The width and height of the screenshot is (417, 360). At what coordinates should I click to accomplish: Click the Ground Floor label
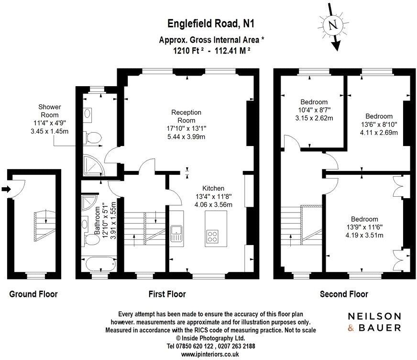click(x=33, y=294)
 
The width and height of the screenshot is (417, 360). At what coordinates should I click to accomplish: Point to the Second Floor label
click(x=344, y=294)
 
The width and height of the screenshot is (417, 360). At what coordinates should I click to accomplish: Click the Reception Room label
click(x=187, y=116)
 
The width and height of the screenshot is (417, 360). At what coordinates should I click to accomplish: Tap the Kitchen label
click(x=213, y=188)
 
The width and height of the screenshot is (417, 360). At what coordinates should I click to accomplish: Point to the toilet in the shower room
click(x=93, y=138)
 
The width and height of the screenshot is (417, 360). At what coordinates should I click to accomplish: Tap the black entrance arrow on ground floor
click(x=5, y=190)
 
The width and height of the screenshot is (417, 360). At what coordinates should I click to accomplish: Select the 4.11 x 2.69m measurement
click(x=379, y=133)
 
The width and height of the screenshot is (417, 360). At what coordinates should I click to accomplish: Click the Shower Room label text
click(x=49, y=111)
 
